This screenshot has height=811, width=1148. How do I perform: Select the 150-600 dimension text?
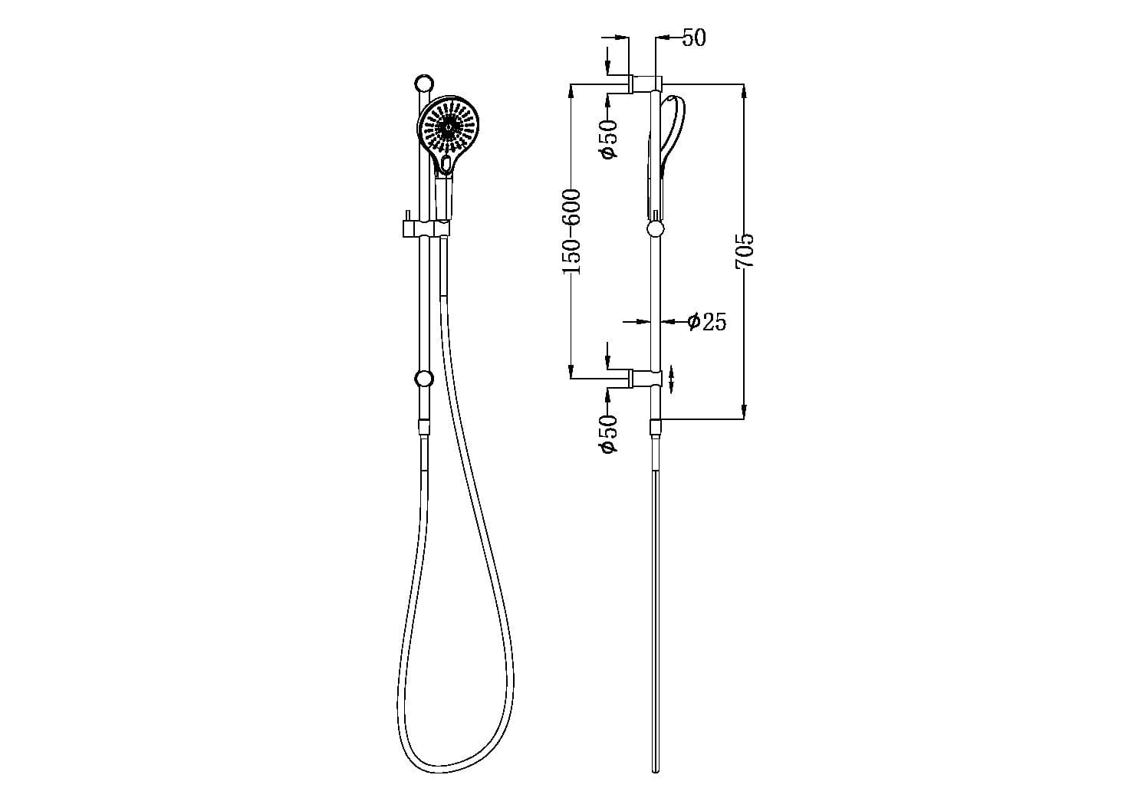pyautogui.click(x=572, y=231)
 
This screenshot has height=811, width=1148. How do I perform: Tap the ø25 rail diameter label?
pyautogui.click(x=706, y=322)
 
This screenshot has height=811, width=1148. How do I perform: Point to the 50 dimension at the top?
pyautogui.click(x=693, y=37)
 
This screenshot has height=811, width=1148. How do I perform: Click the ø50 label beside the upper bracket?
pyautogui.click(x=608, y=139)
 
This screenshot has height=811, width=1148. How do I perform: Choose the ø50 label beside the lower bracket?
pyautogui.click(x=608, y=434)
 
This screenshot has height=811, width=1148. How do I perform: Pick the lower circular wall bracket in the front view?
pyautogui.click(x=423, y=378)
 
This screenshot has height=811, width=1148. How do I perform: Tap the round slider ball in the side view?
pyautogui.click(x=656, y=228)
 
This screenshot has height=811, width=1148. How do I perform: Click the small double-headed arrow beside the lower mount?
pyautogui.click(x=672, y=378)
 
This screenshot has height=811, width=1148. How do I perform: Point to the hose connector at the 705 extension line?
pyautogui.click(x=655, y=427)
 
